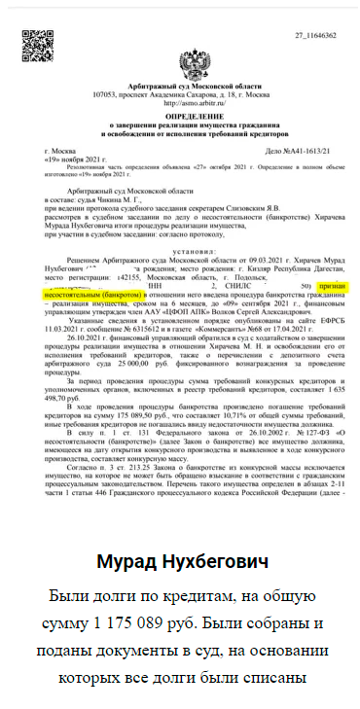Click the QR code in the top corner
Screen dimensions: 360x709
[x=38, y=45]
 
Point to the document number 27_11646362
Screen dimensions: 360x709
[x=314, y=35]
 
